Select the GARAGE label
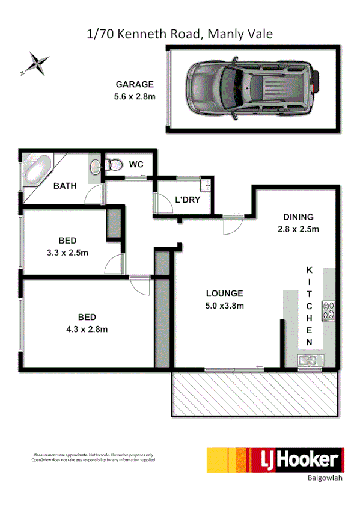point(135,85)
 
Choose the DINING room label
point(298,218)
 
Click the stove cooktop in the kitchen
point(329,310)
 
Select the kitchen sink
point(310,360)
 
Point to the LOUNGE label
point(224,293)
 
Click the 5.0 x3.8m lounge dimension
point(224,305)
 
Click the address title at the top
point(180,34)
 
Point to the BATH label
point(65,186)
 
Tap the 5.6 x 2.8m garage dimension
point(135,96)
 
